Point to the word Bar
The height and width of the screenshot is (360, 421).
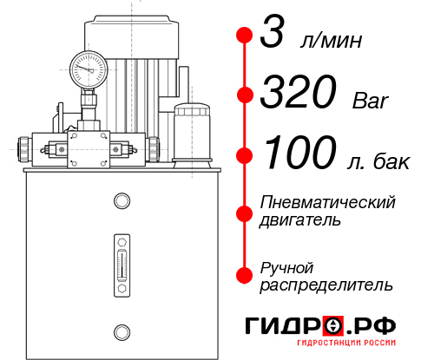pos(372,101)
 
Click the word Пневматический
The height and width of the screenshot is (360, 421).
pos(328,201)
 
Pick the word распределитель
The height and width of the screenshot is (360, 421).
pos(326,285)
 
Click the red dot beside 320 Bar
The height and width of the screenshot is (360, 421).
pos(245,95)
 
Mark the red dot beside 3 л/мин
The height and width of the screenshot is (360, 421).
pos(245,36)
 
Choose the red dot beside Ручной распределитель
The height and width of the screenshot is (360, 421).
pos(245,274)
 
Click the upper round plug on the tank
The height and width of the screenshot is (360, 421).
pos(121,202)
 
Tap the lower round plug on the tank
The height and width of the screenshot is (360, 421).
pos(121,331)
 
